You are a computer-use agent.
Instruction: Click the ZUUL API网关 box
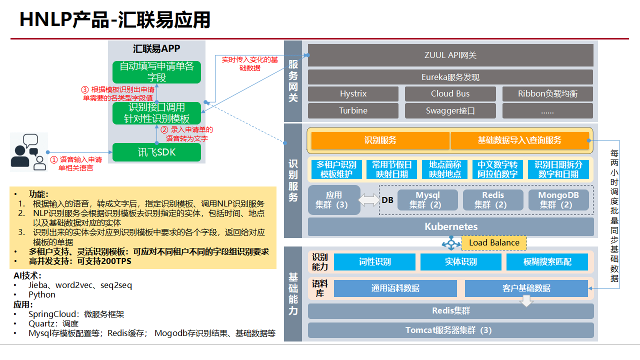[450, 55]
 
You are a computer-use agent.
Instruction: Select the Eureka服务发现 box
[450, 77]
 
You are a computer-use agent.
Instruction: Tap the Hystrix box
[353, 94]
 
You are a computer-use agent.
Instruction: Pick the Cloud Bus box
[450, 94]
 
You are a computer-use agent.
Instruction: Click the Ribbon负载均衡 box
[547, 94]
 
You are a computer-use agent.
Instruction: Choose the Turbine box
[353, 110]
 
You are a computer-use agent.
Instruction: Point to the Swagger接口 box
[450, 110]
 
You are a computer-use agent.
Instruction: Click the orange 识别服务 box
[380, 140]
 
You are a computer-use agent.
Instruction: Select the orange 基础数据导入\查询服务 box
[519, 140]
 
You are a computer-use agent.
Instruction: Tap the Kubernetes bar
[450, 226]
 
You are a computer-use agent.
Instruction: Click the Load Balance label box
[494, 243]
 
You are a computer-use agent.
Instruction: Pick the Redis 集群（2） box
[492, 199]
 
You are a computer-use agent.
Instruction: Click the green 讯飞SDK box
[156, 152]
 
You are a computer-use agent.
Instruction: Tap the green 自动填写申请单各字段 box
[156, 72]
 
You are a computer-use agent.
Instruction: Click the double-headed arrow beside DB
[369, 200]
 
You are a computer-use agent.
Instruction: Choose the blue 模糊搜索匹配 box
[547, 262]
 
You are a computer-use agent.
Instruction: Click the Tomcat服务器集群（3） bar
[450, 330]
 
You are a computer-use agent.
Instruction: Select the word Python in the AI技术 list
[42, 294]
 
